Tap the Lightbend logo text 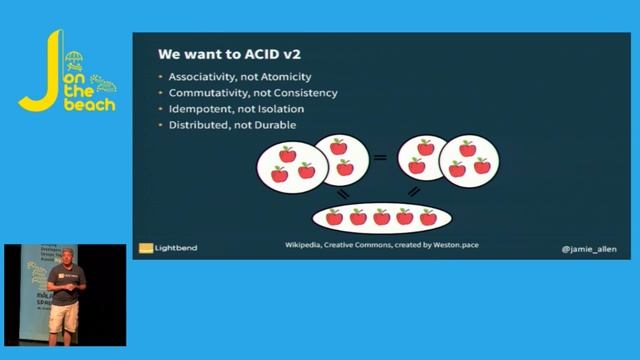tap(176, 247)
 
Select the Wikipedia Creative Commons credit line tap(382, 244)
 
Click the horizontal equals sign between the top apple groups tap(380, 158)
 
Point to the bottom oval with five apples tap(381, 217)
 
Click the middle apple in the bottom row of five tap(381, 217)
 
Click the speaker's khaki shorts tap(66, 318)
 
